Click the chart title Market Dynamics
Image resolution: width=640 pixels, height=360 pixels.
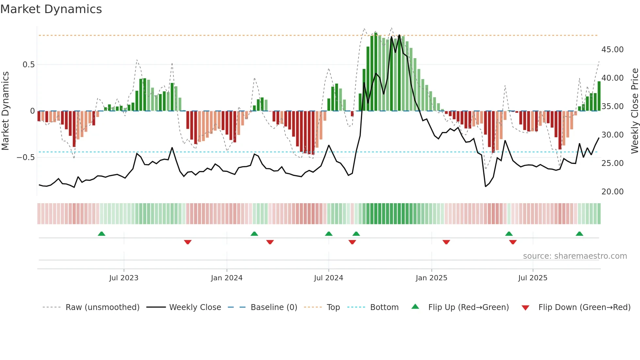51,9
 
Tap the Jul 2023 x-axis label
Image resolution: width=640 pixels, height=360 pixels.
124,278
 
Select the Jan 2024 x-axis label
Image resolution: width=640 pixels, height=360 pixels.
227,278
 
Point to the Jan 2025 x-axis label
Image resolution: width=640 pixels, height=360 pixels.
431,278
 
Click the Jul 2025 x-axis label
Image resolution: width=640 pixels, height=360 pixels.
533,278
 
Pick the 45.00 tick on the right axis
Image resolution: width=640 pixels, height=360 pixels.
612,50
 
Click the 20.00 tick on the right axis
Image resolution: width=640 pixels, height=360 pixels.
612,192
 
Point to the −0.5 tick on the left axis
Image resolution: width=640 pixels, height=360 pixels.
26,157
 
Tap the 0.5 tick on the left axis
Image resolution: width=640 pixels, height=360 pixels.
28,65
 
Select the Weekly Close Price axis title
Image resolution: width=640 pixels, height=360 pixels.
634,111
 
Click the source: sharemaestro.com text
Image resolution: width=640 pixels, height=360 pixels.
575,256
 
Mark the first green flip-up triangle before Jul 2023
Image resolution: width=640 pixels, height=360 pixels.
102,234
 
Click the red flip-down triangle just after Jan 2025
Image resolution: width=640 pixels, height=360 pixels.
446,242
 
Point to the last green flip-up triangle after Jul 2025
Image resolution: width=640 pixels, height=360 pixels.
579,234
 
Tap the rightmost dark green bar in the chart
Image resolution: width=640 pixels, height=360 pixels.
599,96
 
